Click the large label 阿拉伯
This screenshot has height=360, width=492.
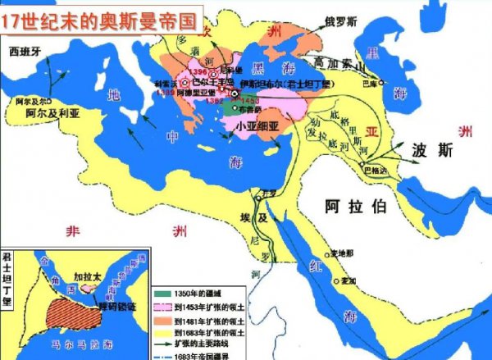click(355, 207)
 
